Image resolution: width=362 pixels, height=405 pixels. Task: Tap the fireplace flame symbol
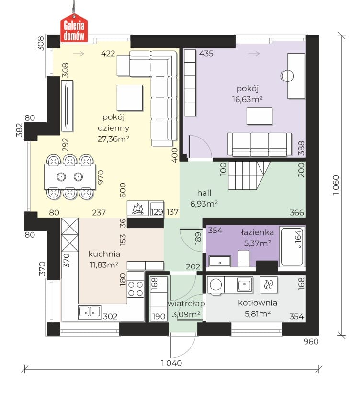(x=138, y=208)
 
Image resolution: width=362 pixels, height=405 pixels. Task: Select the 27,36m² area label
(x=113, y=139)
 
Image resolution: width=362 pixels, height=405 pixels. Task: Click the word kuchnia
(x=104, y=254)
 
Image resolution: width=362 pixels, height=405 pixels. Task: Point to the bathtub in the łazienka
(x=292, y=246)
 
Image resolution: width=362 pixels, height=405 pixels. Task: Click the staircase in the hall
(x=249, y=175)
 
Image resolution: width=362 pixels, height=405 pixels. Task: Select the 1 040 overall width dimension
(x=171, y=363)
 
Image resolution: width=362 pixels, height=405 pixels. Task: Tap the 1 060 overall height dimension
(x=335, y=185)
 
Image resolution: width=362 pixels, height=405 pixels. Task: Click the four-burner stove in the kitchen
(x=136, y=289)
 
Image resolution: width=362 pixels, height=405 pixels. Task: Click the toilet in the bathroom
(x=243, y=258)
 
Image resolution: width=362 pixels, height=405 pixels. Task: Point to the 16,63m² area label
(x=247, y=99)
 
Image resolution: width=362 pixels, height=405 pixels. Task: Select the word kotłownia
(x=258, y=303)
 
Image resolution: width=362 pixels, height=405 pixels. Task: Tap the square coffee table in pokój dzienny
(x=130, y=98)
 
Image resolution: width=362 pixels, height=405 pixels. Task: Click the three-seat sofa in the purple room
(x=260, y=144)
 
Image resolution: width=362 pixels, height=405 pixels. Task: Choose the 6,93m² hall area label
(x=204, y=204)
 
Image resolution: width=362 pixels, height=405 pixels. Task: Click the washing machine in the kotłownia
(x=215, y=285)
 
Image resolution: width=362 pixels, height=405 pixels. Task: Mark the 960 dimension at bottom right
(x=311, y=341)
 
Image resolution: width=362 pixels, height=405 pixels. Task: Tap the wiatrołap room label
(x=186, y=304)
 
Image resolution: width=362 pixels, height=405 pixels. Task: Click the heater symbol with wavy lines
(x=269, y=285)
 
